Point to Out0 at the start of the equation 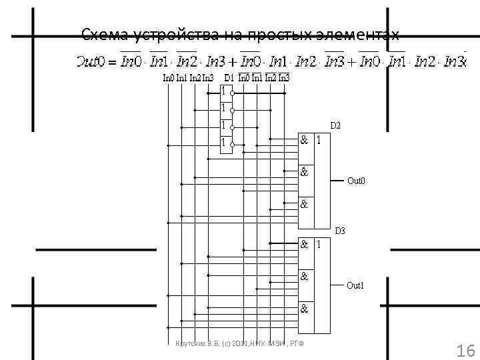pos(89,62)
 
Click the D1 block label pos(229,78)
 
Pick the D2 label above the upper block pos(335,125)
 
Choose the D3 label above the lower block pos(339,231)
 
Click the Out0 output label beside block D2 pos(356,181)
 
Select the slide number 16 pos(464,351)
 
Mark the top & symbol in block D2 pos(304,140)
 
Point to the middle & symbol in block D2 pos(304,171)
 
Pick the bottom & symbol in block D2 pos(304,205)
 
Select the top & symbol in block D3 pos(304,244)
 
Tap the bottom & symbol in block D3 pos(304,309)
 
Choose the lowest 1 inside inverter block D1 pos(224,142)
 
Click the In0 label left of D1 pos(169,78)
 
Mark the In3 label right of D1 pos(284,78)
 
